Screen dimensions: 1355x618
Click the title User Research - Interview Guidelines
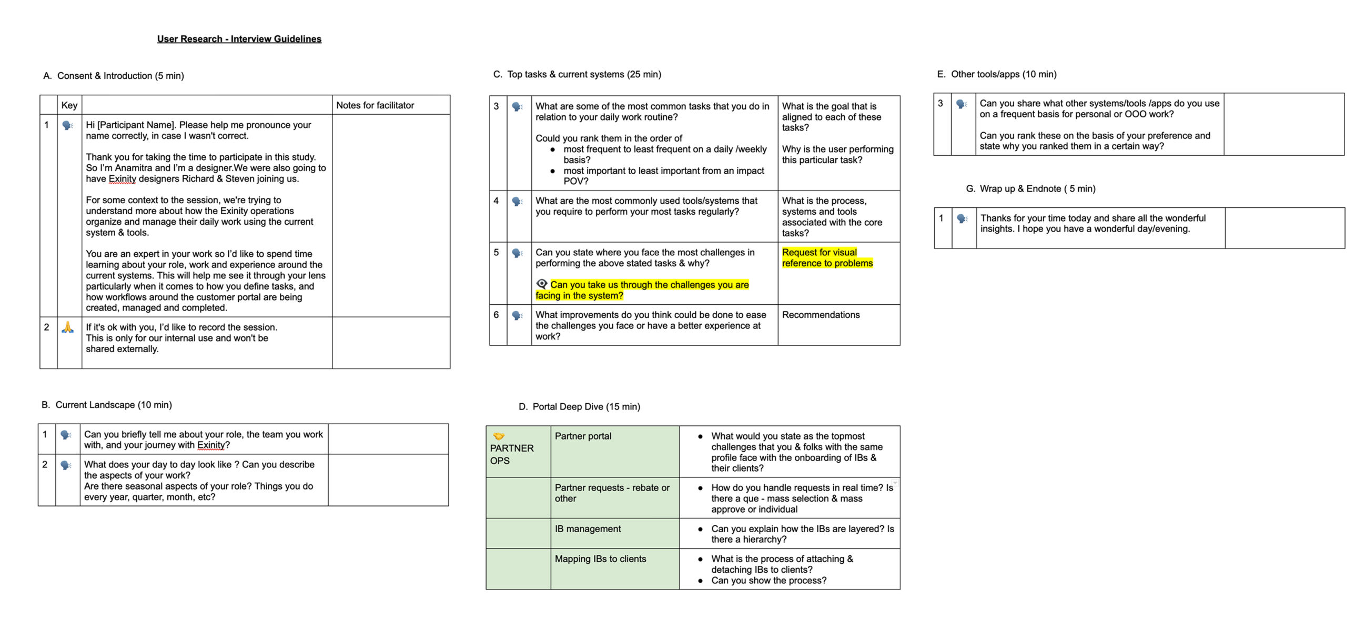click(x=239, y=39)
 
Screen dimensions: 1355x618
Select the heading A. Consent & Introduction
click(x=114, y=76)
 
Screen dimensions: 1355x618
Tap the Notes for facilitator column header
click(x=375, y=105)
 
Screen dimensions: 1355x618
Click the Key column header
click(x=69, y=105)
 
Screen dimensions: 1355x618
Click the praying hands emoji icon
click(x=68, y=327)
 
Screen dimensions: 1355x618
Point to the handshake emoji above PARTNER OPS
click(x=499, y=436)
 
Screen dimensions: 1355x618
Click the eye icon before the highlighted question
click(x=542, y=284)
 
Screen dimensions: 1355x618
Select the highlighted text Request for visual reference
click(x=827, y=258)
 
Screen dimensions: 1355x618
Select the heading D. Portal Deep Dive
click(x=579, y=407)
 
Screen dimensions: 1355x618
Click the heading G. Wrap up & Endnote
click(x=1030, y=188)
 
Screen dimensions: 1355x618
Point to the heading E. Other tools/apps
click(x=996, y=74)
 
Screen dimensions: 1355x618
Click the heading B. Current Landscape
click(x=107, y=405)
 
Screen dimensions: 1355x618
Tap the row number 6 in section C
click(x=496, y=315)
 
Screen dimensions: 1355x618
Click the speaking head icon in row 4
click(x=518, y=202)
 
